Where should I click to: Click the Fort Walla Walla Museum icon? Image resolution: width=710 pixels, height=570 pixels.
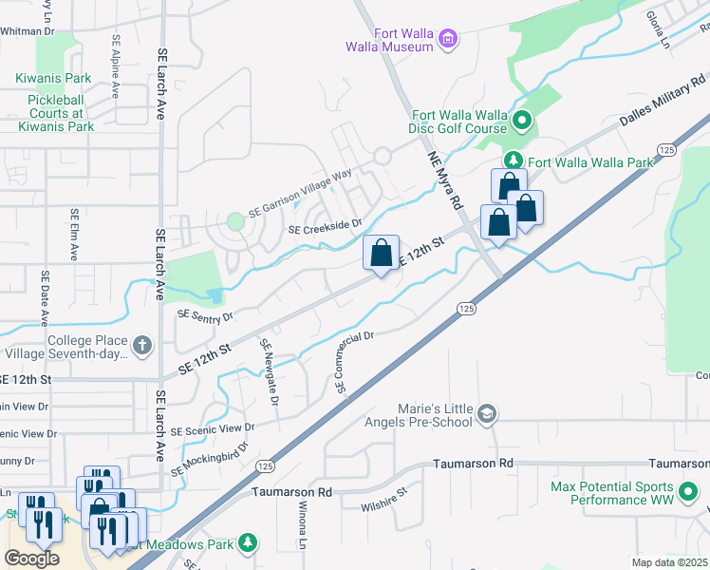point(448,39)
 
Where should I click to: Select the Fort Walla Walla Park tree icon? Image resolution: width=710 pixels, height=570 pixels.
point(513,161)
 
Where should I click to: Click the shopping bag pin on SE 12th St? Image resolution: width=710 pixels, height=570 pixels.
point(381,254)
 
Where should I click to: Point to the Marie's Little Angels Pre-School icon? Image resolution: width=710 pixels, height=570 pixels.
point(487,412)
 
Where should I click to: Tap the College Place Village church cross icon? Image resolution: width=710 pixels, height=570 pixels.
point(141,345)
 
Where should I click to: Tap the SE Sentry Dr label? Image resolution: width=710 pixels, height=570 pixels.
point(204,314)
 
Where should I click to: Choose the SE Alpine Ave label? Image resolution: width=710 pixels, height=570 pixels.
point(116,66)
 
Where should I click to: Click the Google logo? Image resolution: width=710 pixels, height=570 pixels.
point(31,559)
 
